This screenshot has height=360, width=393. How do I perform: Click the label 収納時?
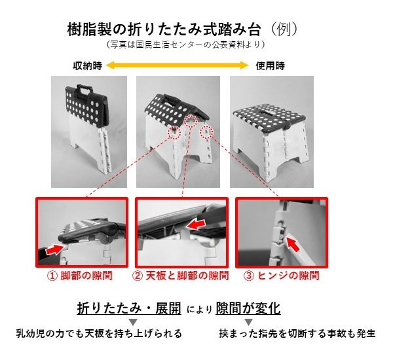point(87,65)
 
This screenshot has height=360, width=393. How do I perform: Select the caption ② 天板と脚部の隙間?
point(181,276)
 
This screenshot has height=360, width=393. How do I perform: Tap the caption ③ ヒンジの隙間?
point(282,276)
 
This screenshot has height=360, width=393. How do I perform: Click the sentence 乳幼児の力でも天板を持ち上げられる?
point(98,334)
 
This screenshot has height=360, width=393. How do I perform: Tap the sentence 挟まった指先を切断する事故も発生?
point(297,334)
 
